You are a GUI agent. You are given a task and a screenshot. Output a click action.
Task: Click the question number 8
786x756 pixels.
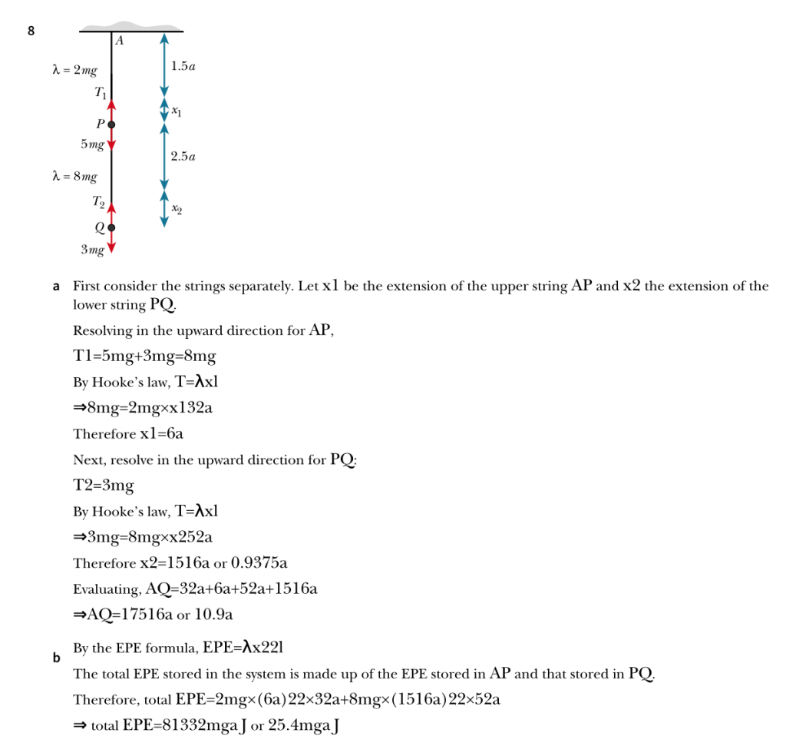(31, 31)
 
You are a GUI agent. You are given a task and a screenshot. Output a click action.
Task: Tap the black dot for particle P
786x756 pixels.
(111, 124)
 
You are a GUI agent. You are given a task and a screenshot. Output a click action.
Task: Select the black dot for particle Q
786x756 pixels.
(111, 227)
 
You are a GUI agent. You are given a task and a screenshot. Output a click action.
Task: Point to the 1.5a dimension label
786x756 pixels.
(183, 67)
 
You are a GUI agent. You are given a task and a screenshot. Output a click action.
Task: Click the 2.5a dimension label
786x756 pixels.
(183, 157)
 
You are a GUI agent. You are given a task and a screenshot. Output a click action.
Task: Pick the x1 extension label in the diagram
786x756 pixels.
(177, 111)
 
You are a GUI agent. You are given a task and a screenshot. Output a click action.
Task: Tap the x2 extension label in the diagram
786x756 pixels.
(177, 208)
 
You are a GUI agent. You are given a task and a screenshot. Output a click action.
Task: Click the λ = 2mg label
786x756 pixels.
(74, 71)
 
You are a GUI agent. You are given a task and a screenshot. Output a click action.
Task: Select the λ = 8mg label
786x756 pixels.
(74, 177)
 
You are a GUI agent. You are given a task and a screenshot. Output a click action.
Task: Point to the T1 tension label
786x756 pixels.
(101, 93)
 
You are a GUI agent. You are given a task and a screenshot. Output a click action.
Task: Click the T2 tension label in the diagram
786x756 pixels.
(98, 202)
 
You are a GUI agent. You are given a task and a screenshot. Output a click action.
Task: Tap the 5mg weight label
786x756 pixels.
(92, 144)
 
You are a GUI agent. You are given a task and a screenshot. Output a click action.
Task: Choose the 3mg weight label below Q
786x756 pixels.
(92, 250)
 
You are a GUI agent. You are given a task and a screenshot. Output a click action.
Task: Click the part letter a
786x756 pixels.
(56, 287)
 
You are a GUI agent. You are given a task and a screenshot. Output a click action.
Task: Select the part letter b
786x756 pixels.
(56, 658)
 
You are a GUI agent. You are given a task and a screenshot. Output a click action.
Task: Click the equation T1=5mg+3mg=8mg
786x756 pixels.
(144, 356)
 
